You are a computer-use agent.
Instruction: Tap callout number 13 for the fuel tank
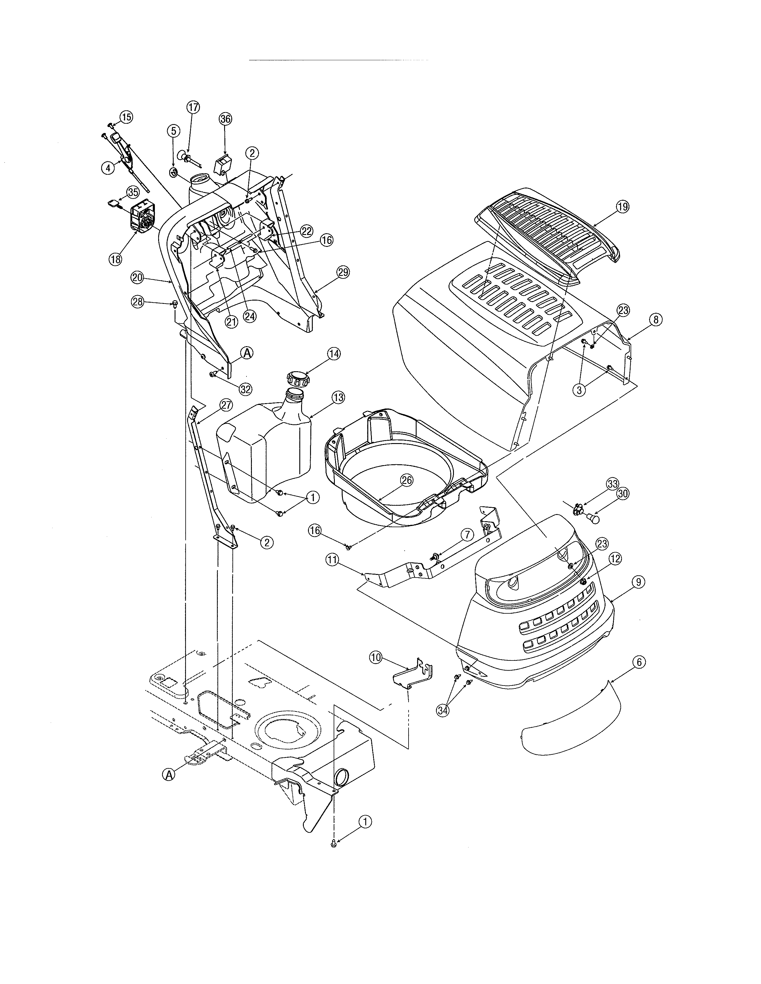[338, 397]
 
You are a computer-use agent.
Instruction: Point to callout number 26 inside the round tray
[407, 480]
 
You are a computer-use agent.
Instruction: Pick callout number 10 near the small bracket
[375, 657]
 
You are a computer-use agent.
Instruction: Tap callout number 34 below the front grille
[443, 710]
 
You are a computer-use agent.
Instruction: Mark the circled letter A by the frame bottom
[169, 775]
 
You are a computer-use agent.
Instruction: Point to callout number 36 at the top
[225, 119]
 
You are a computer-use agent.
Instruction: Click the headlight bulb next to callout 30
[595, 519]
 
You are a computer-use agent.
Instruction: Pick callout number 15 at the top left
[126, 117]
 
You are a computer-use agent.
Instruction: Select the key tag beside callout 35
[113, 204]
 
